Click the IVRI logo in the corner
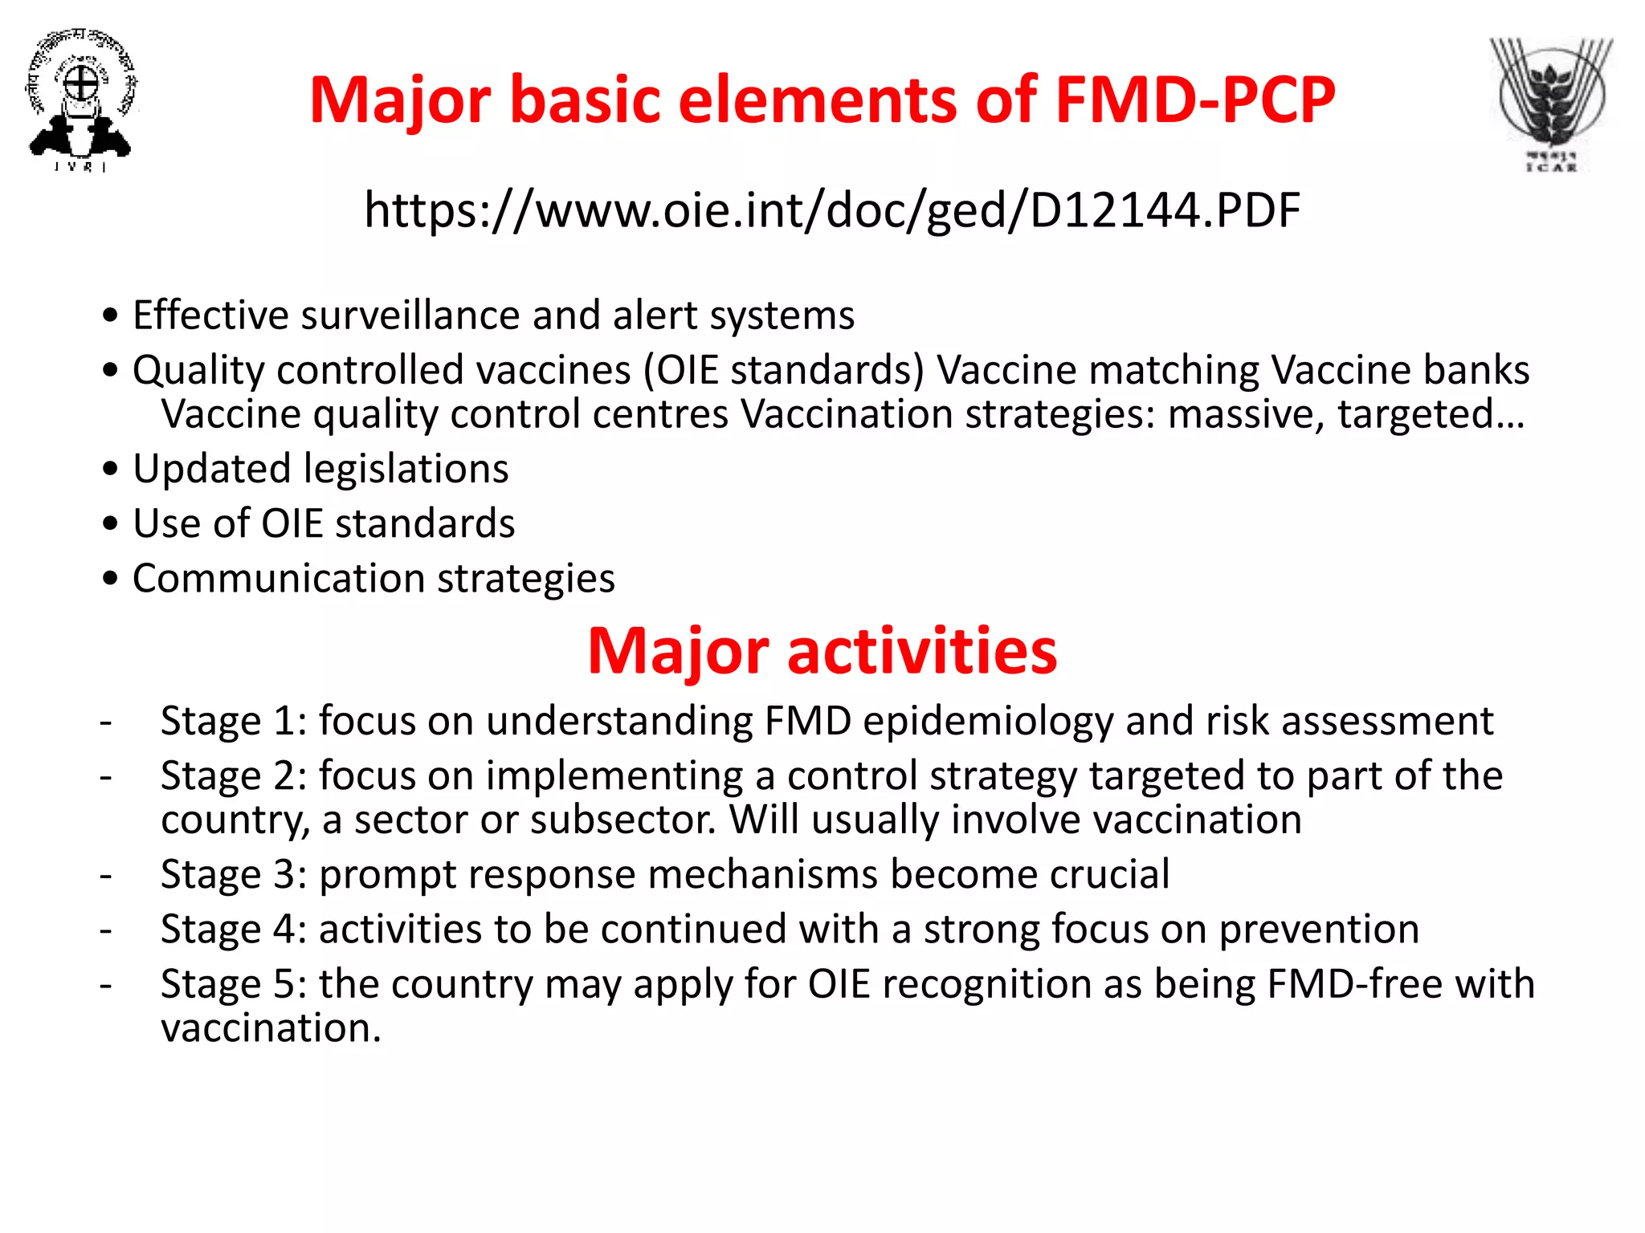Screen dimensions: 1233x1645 (x=80, y=100)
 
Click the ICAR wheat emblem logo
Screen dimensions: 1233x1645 (x=1551, y=103)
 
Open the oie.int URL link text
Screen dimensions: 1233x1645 (x=832, y=210)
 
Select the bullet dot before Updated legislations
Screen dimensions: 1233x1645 (x=111, y=469)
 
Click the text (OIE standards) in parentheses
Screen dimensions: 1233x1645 (x=784, y=370)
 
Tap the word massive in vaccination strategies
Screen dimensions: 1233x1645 (x=1245, y=414)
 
